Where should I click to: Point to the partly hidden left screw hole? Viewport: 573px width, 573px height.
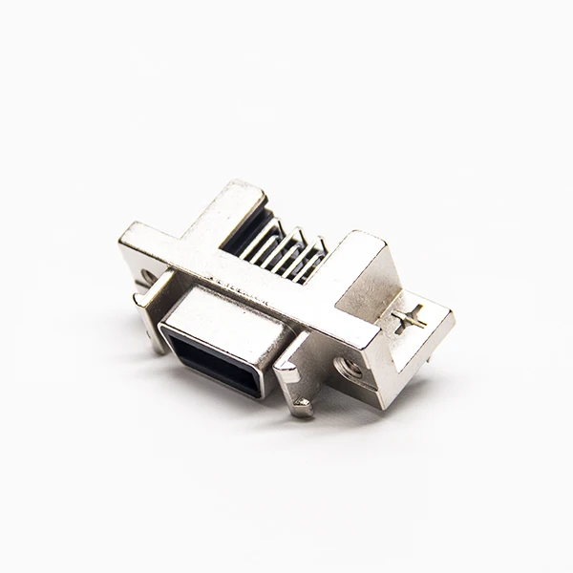pyautogui.click(x=146, y=281)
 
